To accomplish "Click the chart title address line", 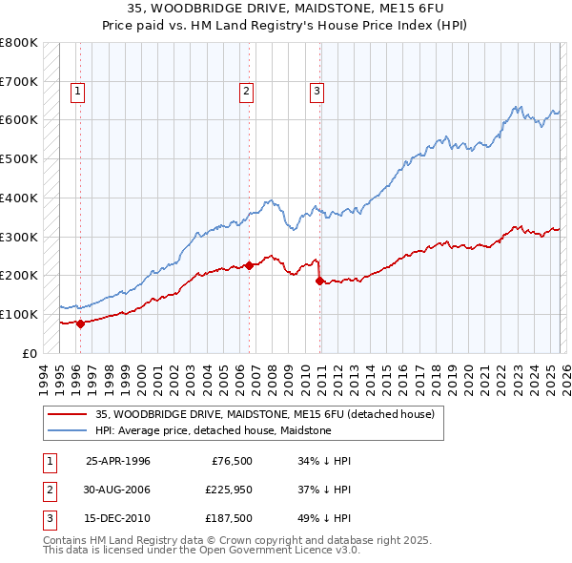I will (x=286, y=9).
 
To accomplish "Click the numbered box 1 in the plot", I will (x=76, y=92).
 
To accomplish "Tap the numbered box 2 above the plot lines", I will (x=246, y=92).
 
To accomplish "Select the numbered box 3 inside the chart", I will (x=316, y=92).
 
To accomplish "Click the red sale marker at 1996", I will (x=80, y=323).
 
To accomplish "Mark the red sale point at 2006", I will (x=249, y=265).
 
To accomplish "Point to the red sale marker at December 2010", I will (x=319, y=281).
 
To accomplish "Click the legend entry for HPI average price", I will (x=213, y=430).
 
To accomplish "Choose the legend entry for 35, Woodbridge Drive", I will (x=264, y=414).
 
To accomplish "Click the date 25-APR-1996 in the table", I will (x=118, y=461).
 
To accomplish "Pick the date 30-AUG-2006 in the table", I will (x=118, y=490).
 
